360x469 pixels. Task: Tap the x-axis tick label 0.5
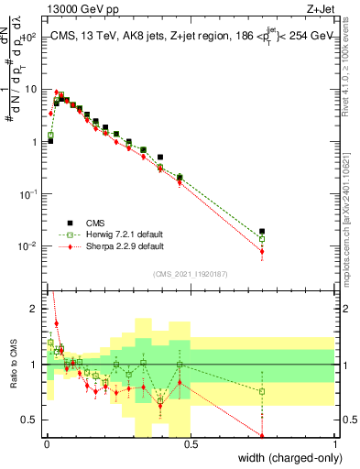coord(190,445)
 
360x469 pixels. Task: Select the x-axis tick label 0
coord(46,445)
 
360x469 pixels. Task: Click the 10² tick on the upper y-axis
coord(29,37)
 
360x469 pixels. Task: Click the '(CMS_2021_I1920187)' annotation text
coord(191,274)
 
